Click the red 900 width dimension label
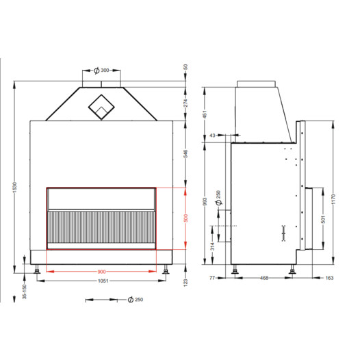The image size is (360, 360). coord(101,272)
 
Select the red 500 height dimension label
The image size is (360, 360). coord(185,218)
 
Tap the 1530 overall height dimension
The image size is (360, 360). coord(14,188)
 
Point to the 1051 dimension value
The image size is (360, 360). coord(103,281)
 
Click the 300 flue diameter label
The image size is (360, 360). coord(105,70)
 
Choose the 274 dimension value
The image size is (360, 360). coord(185,103)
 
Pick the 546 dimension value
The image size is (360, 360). coord(185,153)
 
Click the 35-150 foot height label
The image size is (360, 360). coord(25,292)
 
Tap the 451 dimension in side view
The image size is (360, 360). coord(205,114)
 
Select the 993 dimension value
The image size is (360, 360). coord(205,201)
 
